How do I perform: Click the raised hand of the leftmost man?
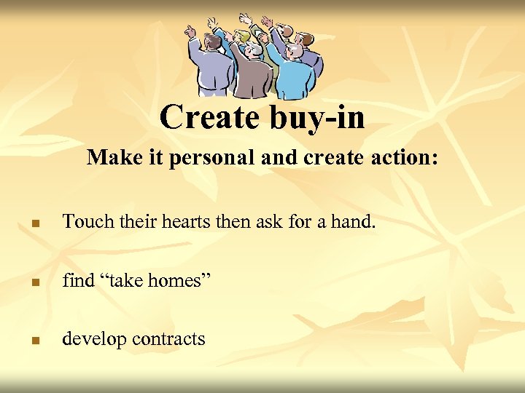pos(191,31)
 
